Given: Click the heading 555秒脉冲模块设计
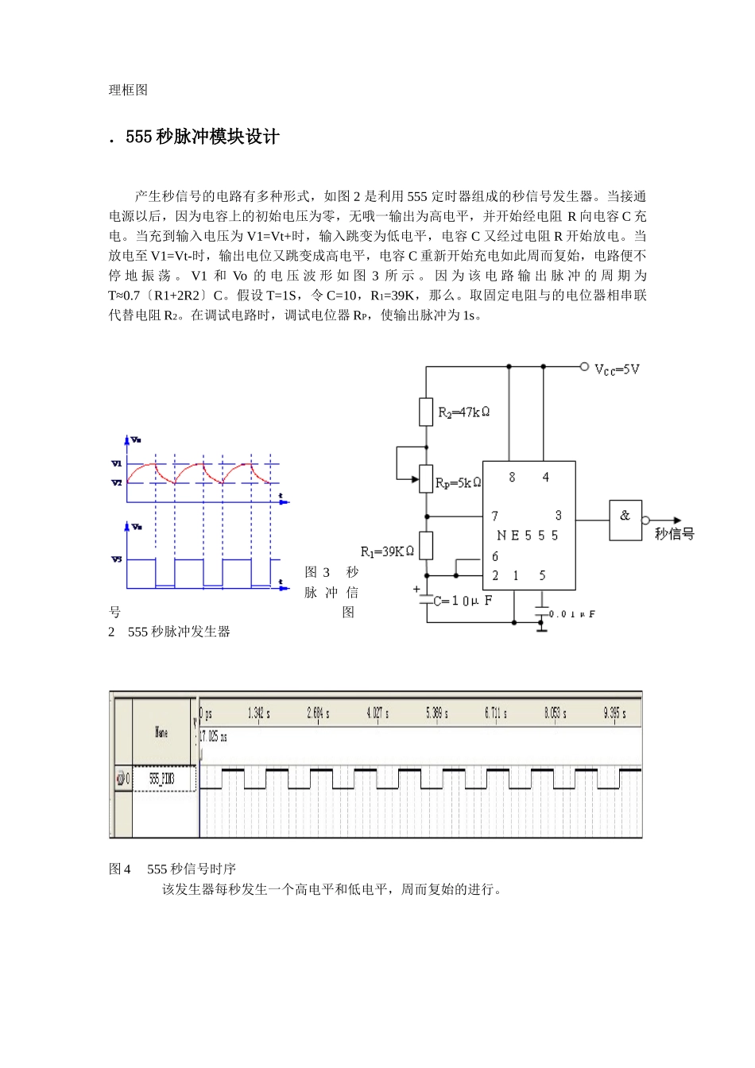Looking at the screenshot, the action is [202, 137].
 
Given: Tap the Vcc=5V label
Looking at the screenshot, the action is [617, 370].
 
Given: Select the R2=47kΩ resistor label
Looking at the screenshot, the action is [464, 412].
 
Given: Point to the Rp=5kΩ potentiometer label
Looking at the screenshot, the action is [459, 482].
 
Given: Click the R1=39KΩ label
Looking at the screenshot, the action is [387, 551].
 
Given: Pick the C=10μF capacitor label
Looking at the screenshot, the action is [463, 601].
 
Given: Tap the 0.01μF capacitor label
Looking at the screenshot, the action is [571, 614].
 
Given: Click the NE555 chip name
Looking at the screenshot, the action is [527, 536].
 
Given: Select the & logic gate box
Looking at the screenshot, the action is [625, 520].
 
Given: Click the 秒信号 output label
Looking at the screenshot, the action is [674, 534].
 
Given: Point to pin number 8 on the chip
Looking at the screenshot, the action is [512, 477].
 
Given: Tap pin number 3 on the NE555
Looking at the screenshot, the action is [558, 516].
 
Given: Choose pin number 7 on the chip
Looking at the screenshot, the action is [494, 516].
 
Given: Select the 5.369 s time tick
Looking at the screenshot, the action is [436, 714].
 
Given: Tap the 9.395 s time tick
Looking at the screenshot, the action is [614, 714].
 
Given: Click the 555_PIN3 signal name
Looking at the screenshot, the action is [162, 779].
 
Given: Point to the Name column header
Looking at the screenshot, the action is [161, 732].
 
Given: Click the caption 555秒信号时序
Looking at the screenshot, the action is [172, 869].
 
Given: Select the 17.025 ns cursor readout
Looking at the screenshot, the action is [213, 737].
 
